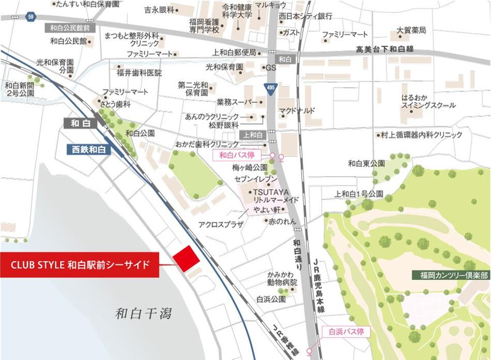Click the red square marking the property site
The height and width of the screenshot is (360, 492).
click(x=186, y=258)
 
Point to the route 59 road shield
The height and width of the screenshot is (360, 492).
click(x=31, y=17)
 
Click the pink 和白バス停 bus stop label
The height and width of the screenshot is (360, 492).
click(x=243, y=155)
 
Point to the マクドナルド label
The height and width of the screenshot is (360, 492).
click(x=299, y=110)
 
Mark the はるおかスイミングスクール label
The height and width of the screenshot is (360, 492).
click(x=428, y=102)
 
